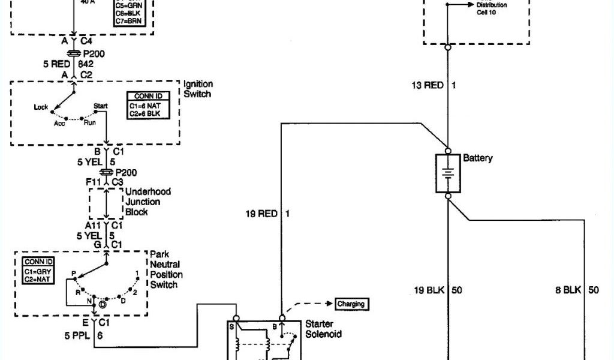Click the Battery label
(x=478, y=158)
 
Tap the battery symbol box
(x=448, y=173)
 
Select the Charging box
(x=351, y=304)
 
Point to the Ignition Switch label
(x=198, y=89)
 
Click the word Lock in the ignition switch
(x=41, y=107)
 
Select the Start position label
(x=100, y=106)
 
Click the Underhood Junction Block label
(x=148, y=202)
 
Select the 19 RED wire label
(x=261, y=213)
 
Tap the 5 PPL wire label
(x=77, y=336)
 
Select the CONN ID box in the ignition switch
(x=148, y=105)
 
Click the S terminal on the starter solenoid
(x=231, y=326)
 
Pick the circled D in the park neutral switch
(x=103, y=305)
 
